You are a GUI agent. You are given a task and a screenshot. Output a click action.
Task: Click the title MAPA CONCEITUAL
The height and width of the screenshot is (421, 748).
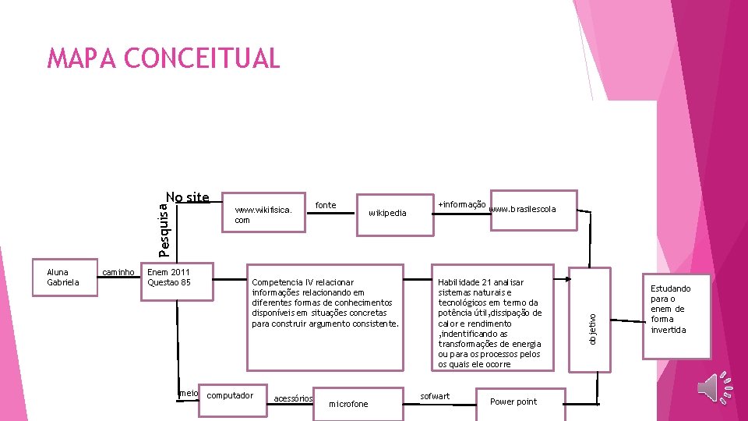[x=163, y=58]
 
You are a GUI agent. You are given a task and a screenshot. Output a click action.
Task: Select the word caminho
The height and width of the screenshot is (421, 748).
[x=120, y=273]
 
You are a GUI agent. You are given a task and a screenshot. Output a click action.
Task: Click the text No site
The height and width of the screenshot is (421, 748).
[x=188, y=198]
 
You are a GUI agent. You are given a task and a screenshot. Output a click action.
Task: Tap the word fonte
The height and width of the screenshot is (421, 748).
[x=326, y=205]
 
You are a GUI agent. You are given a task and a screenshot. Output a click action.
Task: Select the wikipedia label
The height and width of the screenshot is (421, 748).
[x=387, y=213]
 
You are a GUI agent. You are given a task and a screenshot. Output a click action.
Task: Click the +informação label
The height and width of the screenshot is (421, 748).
[x=462, y=204]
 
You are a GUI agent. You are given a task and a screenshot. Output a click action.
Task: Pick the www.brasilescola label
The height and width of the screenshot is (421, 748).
[x=522, y=209]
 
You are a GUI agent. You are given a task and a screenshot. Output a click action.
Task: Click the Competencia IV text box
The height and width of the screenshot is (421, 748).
[x=325, y=302]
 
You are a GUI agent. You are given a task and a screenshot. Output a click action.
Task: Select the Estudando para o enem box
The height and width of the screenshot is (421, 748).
[x=670, y=309]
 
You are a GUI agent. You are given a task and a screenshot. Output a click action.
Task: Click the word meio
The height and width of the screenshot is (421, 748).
[x=189, y=394]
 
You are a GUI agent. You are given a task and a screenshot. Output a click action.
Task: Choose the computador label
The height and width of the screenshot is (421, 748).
[x=230, y=395]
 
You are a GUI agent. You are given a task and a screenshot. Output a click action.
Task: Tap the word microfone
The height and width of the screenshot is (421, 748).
[x=348, y=404]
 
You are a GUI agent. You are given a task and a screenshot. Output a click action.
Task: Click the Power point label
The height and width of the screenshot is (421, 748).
[x=513, y=402]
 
